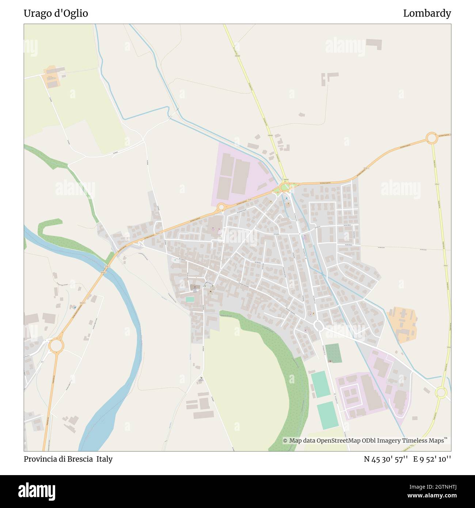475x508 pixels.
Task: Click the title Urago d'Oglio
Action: pos(56,14)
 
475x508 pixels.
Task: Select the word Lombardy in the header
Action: pos(427,14)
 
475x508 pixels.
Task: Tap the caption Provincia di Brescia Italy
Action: pos(68,459)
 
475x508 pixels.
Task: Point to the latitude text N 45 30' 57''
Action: pos(386,459)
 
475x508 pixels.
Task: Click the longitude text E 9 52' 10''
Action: pos(432,459)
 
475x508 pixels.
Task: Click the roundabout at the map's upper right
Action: pos(432,139)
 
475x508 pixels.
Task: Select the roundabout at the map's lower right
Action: pos(441,393)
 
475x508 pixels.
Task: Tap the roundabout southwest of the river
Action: pos(56,345)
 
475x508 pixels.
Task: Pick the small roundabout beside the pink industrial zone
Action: pos(221,207)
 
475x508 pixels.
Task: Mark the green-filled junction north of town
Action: pos(285,187)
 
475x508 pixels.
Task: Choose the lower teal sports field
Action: pos(328,415)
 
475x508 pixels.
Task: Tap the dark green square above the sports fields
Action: pos(333,353)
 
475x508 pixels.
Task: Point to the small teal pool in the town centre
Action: pos(190,299)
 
